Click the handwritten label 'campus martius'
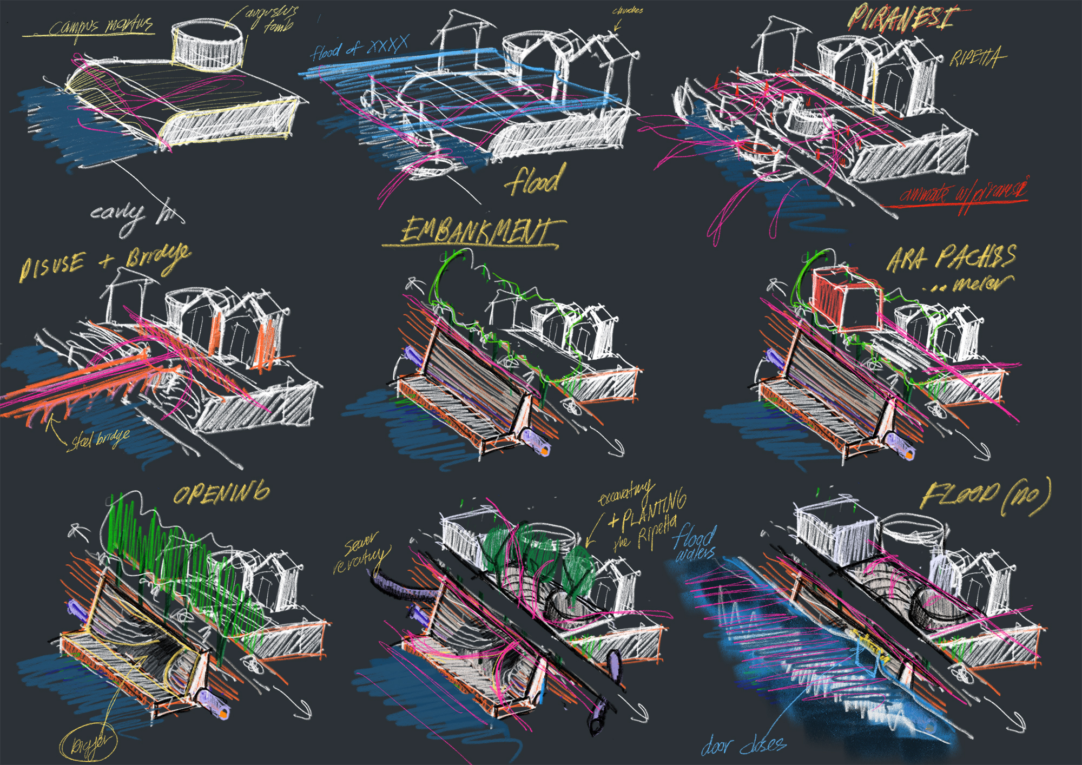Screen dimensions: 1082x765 pyautogui.click(x=100, y=27)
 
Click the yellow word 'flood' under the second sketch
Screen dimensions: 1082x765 pyautogui.click(x=536, y=180)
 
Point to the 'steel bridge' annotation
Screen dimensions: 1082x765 pyautogui.click(x=100, y=439)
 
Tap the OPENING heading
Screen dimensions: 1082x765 pyautogui.click(x=221, y=493)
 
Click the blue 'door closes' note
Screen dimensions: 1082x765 pyautogui.click(x=744, y=746)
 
